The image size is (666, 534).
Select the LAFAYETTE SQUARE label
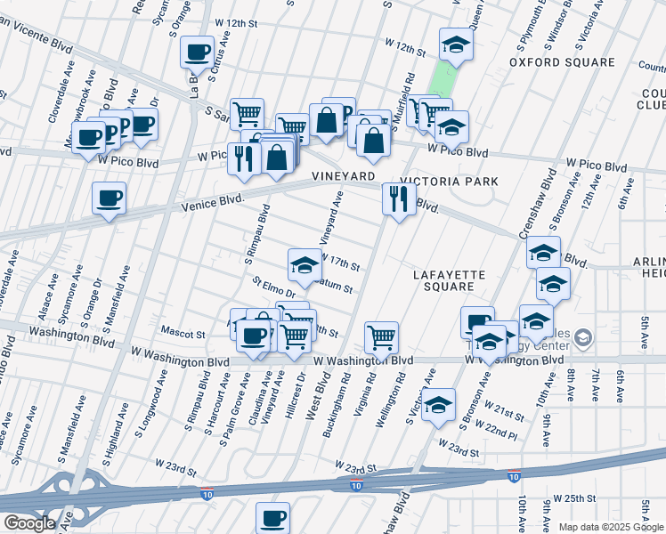450,280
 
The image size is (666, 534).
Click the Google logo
28,523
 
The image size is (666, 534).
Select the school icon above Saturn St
304,263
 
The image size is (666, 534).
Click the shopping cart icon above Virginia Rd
381,336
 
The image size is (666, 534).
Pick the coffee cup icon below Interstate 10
272,516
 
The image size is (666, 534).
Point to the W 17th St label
339,265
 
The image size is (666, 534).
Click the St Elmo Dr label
272,287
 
